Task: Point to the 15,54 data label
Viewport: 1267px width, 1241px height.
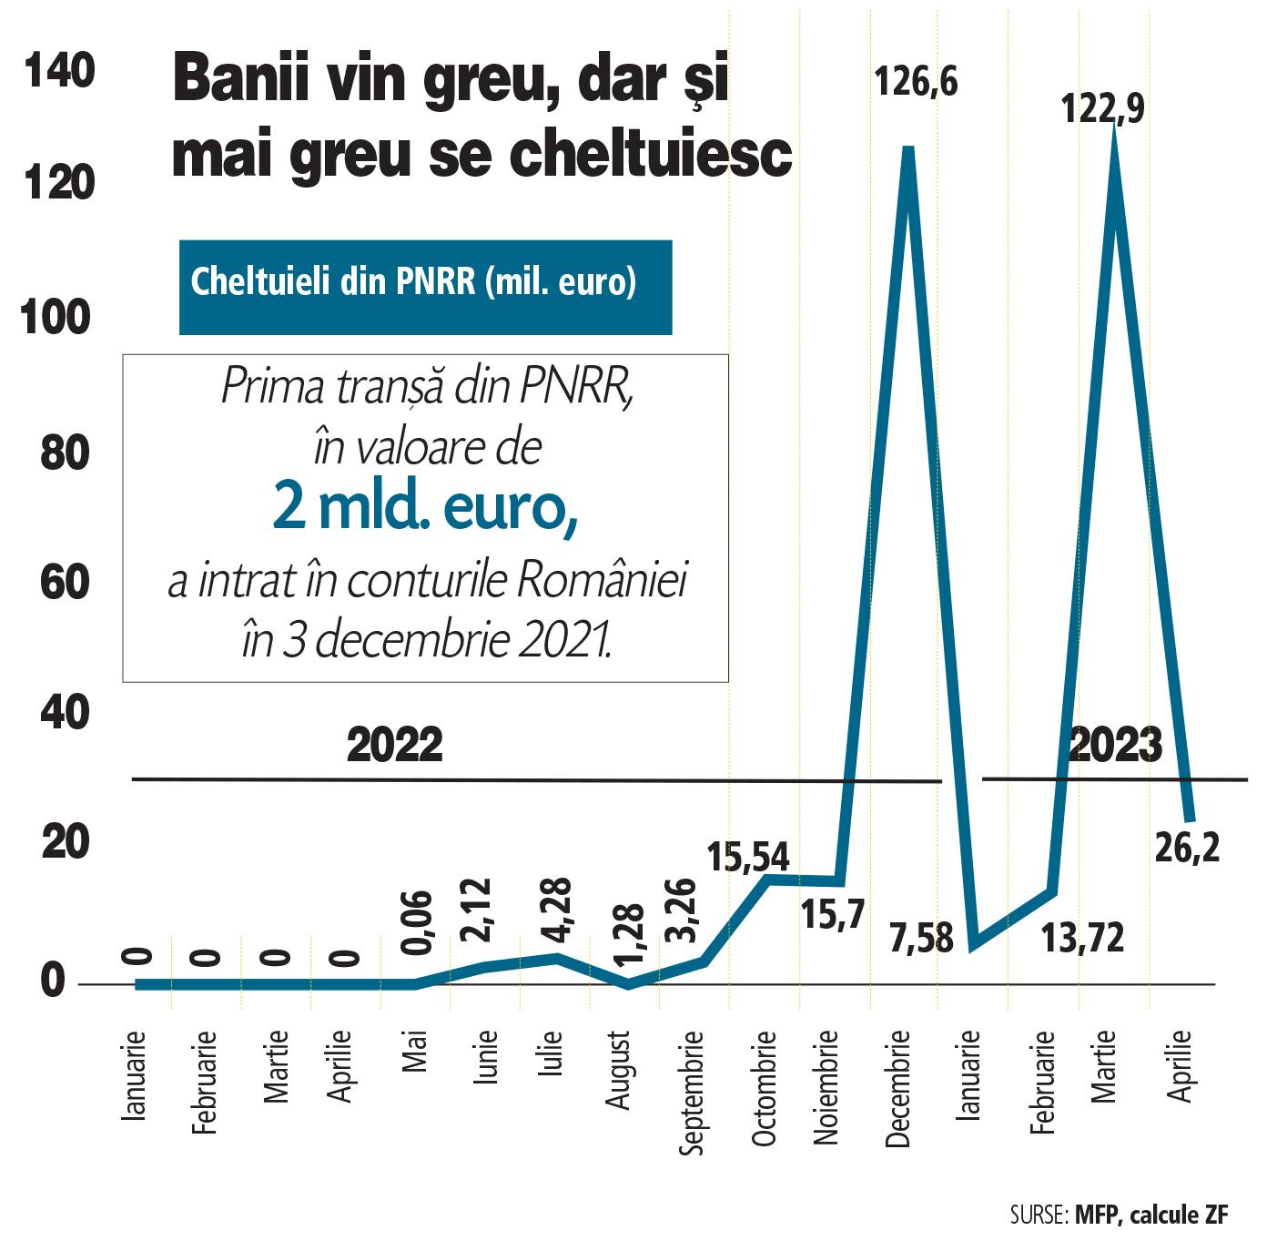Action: pos(748,857)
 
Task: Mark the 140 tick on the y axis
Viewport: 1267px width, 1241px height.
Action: pos(60,71)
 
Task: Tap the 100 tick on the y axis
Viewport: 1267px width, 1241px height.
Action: pos(61,318)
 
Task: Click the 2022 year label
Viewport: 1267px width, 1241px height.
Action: pos(395,746)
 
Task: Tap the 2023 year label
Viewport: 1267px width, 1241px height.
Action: pos(1116,746)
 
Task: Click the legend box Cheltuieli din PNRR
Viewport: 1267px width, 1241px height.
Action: pos(425,286)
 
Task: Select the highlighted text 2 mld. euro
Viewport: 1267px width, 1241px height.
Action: pos(425,512)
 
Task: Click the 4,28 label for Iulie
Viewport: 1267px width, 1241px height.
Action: pos(554,912)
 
